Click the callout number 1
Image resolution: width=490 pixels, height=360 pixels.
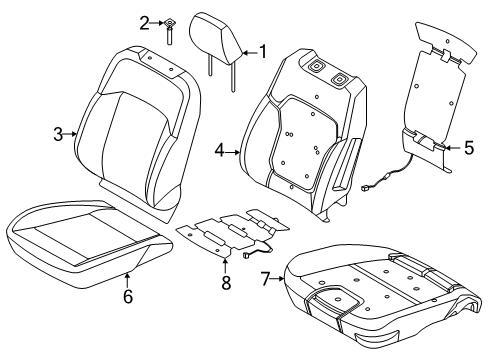263,49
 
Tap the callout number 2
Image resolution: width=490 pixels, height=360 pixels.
145,22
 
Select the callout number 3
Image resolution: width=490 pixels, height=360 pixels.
58,133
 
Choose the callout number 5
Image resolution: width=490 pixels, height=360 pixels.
468,148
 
